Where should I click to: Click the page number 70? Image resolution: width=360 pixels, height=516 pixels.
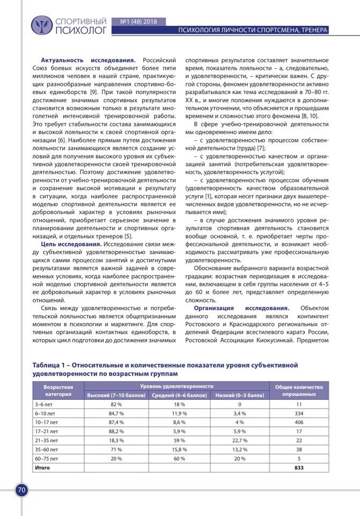21,490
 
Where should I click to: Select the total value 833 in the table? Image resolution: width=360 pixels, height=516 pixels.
299,468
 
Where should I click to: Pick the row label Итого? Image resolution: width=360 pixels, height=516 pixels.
42,468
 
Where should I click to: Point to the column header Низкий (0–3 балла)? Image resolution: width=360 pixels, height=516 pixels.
240,395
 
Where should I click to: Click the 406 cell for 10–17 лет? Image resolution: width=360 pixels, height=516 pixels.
299,422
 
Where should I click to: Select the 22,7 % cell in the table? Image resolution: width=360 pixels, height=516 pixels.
240,440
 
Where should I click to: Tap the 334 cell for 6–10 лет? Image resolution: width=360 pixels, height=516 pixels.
299,413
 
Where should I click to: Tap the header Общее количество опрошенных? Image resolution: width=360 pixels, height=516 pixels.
299,391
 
